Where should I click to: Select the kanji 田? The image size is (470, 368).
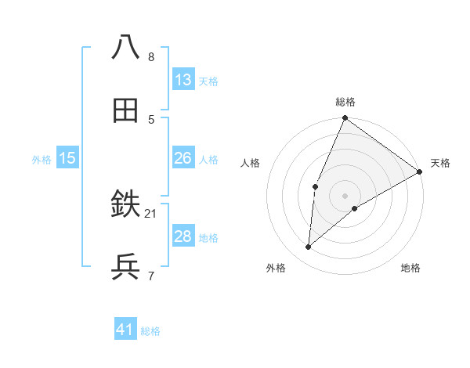pos(125,111)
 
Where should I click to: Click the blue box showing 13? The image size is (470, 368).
pos(183,80)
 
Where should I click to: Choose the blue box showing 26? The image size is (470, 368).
pos(183,158)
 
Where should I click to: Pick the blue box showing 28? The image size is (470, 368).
pos(183,236)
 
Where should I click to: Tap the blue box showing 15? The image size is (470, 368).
pos(67,158)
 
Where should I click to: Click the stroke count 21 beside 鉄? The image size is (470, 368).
pos(151,213)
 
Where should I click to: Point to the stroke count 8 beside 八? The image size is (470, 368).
pos(151,56)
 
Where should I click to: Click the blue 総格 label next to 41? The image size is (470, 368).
pos(150,331)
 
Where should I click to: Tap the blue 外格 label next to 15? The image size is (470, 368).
pos(42,159)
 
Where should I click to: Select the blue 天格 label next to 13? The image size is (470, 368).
pos(208,81)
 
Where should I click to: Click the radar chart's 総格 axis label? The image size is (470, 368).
pos(345,102)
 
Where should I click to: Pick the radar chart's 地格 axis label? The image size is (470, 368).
pos(410,269)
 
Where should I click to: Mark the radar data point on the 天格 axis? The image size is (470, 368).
pos(420,172)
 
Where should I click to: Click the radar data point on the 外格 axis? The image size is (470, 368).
pos(309,247)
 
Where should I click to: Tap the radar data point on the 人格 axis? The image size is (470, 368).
pos(315,186)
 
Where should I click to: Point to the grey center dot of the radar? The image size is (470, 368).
pos(345,195)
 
